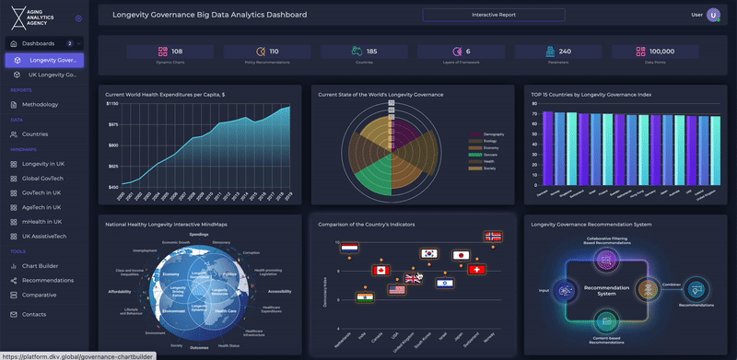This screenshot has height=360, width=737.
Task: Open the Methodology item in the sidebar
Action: (x=40, y=104)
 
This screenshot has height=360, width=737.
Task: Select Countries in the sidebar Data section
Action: (x=35, y=134)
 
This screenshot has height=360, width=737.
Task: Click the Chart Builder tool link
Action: (x=41, y=266)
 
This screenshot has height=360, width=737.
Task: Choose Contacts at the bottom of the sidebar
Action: (x=34, y=314)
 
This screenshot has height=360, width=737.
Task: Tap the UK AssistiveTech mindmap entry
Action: (x=43, y=237)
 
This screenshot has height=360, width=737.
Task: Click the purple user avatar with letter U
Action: (x=712, y=15)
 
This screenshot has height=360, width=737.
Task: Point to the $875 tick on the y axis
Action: (x=111, y=124)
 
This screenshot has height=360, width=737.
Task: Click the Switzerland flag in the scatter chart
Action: (x=476, y=269)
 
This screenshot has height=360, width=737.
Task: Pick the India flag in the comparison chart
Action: (x=365, y=298)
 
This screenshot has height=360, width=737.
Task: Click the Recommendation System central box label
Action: (x=606, y=290)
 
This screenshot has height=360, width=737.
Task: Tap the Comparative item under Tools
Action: (x=40, y=295)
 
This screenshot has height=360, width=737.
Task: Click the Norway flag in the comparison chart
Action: (x=495, y=237)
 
